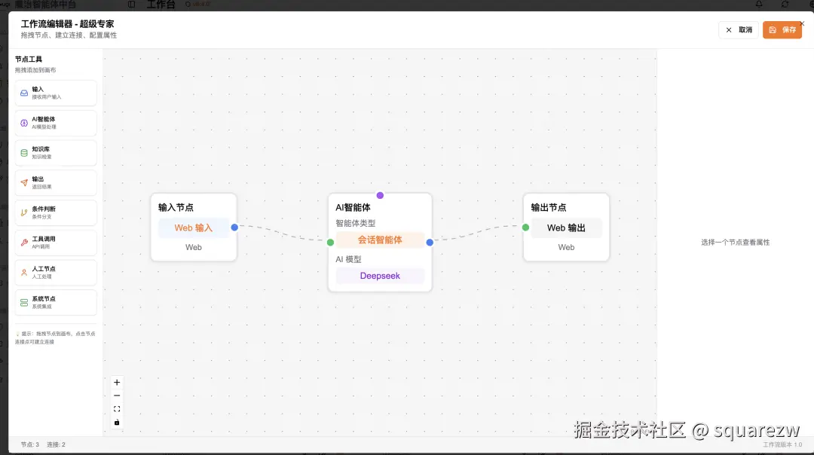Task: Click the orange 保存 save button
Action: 782,30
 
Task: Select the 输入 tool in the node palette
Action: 56,93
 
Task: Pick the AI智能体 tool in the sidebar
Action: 56,123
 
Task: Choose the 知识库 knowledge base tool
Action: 56,153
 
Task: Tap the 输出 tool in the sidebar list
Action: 56,182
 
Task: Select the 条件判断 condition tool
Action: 56,212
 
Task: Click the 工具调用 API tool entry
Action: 56,243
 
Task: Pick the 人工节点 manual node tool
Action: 56,272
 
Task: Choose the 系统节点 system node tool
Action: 56,302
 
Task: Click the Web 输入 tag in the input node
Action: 194,227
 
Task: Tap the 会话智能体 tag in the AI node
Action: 380,240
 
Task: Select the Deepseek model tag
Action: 380,276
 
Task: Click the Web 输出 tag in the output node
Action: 566,227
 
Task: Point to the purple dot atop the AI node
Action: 380,195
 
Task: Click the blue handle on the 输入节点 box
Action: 234,227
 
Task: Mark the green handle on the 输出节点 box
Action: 525,227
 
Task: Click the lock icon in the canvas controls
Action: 117,423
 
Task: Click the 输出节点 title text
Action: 549,208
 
